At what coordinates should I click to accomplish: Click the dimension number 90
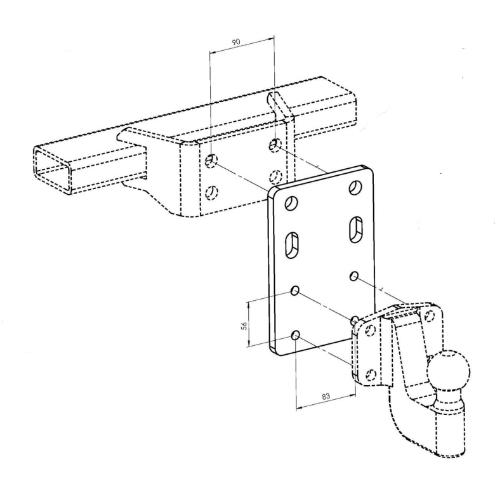pyautogui.click(x=236, y=42)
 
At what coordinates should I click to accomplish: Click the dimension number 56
pyautogui.click(x=244, y=326)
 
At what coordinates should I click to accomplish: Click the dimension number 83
pyautogui.click(x=326, y=396)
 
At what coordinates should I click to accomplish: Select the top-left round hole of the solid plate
pyautogui.click(x=292, y=203)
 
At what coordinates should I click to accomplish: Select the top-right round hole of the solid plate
pyautogui.click(x=355, y=187)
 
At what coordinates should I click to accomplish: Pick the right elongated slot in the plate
pyautogui.click(x=356, y=230)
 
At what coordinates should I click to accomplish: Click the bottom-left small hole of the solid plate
pyautogui.click(x=296, y=335)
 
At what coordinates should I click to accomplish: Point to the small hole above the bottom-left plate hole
pyautogui.click(x=295, y=291)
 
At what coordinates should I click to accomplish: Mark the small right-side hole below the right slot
pyautogui.click(x=354, y=276)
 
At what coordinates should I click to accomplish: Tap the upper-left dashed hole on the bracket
pyautogui.click(x=211, y=161)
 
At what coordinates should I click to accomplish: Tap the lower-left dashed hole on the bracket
pyautogui.click(x=212, y=192)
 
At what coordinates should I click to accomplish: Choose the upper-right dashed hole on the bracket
pyautogui.click(x=275, y=145)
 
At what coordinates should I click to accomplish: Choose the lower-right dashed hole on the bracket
pyautogui.click(x=275, y=176)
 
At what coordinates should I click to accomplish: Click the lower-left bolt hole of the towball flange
pyautogui.click(x=371, y=374)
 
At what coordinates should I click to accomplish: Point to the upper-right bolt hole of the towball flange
pyautogui.click(x=428, y=315)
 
